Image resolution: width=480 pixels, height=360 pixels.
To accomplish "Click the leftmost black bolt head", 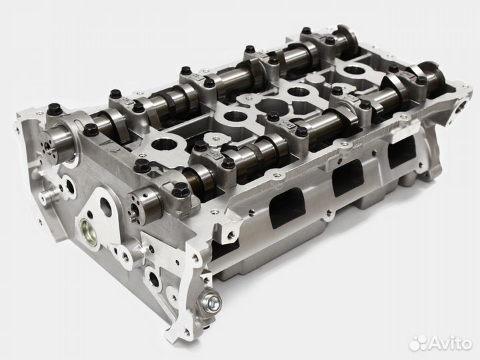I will pyautogui.click(x=54, y=107).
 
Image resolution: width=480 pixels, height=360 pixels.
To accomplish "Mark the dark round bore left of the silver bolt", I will pyautogui.click(x=154, y=280).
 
